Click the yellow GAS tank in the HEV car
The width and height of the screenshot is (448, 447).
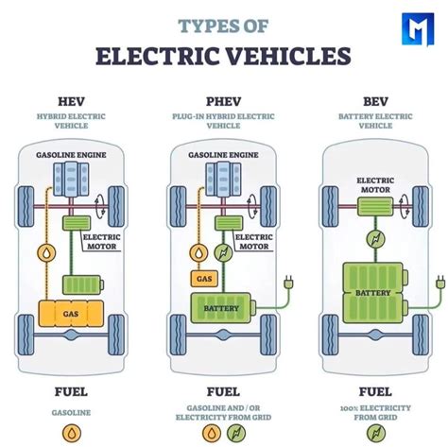(x=71, y=315)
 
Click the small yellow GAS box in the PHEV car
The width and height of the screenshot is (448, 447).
(x=203, y=279)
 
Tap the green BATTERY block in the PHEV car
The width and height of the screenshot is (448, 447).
(x=227, y=308)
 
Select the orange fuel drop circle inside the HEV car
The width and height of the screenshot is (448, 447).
(x=43, y=253)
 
